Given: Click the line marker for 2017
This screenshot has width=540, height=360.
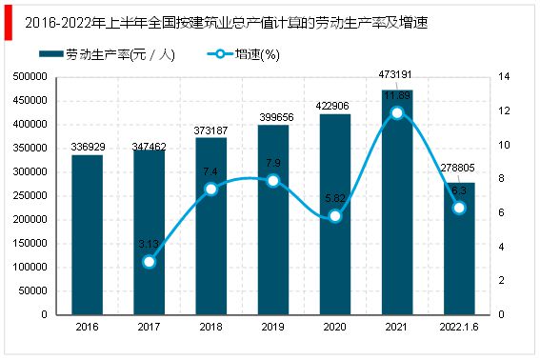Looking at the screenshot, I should pos(149,261).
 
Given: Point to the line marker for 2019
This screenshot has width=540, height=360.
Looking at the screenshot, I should pos(273,180).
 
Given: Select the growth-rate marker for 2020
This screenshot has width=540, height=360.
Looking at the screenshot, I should pos(335,216).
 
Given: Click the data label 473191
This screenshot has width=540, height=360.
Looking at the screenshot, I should pos(397,82).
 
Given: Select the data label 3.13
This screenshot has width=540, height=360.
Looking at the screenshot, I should pos(149,244).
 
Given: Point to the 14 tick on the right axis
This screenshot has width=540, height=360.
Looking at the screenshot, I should pos(504,77).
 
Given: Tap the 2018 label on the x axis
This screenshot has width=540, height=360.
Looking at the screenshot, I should pos(210,326).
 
